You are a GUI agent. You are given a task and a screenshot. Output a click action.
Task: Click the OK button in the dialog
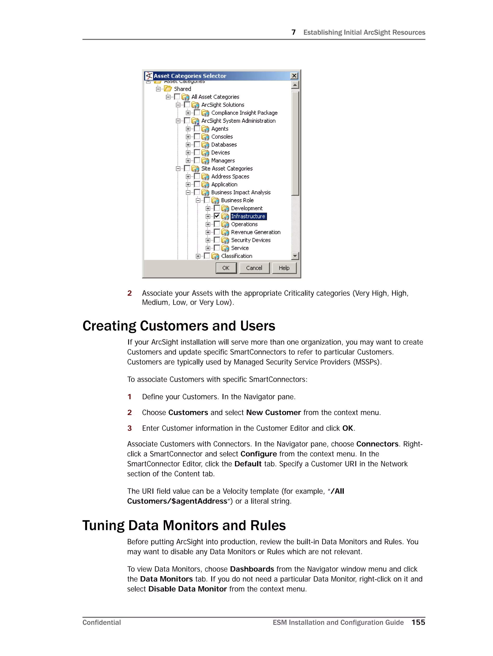226,268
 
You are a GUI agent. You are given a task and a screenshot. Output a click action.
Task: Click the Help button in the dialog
284,268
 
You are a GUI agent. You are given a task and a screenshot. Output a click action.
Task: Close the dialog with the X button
294,76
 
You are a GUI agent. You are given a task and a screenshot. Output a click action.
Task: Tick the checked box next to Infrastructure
217,216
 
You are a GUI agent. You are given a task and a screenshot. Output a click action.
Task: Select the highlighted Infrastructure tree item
248,216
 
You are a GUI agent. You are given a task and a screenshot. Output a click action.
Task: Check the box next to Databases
197,144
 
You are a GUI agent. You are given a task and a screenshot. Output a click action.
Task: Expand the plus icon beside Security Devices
208,240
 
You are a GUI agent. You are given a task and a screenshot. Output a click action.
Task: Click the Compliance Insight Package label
244,113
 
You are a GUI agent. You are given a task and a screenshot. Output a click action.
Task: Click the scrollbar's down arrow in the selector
295,256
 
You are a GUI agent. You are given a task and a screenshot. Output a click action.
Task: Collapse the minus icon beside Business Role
198,201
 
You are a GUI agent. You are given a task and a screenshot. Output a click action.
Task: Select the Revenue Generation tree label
255,232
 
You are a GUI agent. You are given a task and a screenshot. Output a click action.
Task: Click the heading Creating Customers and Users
179,326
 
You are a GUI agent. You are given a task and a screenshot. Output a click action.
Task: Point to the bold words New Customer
273,413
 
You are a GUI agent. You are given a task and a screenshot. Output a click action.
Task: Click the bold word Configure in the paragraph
258,454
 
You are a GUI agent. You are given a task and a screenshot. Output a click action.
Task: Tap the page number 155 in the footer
418,622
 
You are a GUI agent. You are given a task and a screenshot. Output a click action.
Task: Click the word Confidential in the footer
101,623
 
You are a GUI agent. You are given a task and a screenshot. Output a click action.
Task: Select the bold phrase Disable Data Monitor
188,589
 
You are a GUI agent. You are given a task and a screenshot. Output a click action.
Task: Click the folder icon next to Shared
168,89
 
